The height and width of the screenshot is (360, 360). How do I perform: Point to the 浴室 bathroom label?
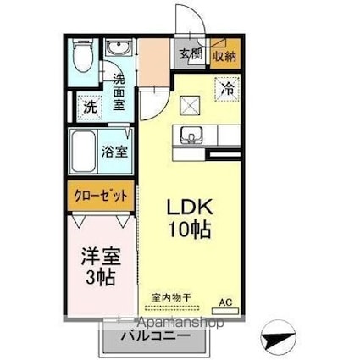point(116,153)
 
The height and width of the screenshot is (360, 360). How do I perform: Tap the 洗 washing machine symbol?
point(88,108)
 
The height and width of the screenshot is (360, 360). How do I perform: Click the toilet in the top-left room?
point(82,58)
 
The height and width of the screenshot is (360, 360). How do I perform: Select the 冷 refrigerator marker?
point(226,86)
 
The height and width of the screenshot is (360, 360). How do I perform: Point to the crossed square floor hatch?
point(191,104)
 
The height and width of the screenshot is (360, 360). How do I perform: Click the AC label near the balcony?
point(225,302)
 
